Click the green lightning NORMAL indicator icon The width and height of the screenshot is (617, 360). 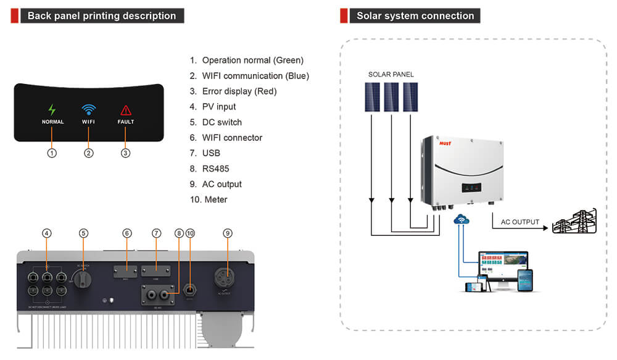pyautogui.click(x=52, y=110)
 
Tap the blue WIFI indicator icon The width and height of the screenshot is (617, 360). pyautogui.click(x=89, y=110)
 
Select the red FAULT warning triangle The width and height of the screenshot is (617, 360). pyautogui.click(x=126, y=110)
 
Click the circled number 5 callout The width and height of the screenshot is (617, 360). pyautogui.click(x=84, y=233)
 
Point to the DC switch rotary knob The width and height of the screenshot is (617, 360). pyautogui.click(x=85, y=280)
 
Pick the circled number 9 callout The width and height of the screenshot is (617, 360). pyautogui.click(x=228, y=233)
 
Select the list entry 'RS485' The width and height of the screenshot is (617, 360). pyautogui.click(x=215, y=169)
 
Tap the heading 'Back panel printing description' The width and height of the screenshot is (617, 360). pyautogui.click(x=102, y=16)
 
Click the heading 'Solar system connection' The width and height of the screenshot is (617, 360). pyautogui.click(x=415, y=16)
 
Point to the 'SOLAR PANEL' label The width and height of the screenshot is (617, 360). pyautogui.click(x=391, y=75)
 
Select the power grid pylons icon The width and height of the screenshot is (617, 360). pyautogui.click(x=574, y=221)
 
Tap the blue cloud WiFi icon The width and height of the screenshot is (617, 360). pyautogui.click(x=461, y=220)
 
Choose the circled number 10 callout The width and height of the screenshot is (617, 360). pyautogui.click(x=190, y=233)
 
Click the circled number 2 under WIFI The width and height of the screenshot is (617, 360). pyautogui.click(x=89, y=153)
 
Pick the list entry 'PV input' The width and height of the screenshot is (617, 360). pyautogui.click(x=219, y=107)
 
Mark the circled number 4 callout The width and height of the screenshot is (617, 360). pyautogui.click(x=47, y=233)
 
